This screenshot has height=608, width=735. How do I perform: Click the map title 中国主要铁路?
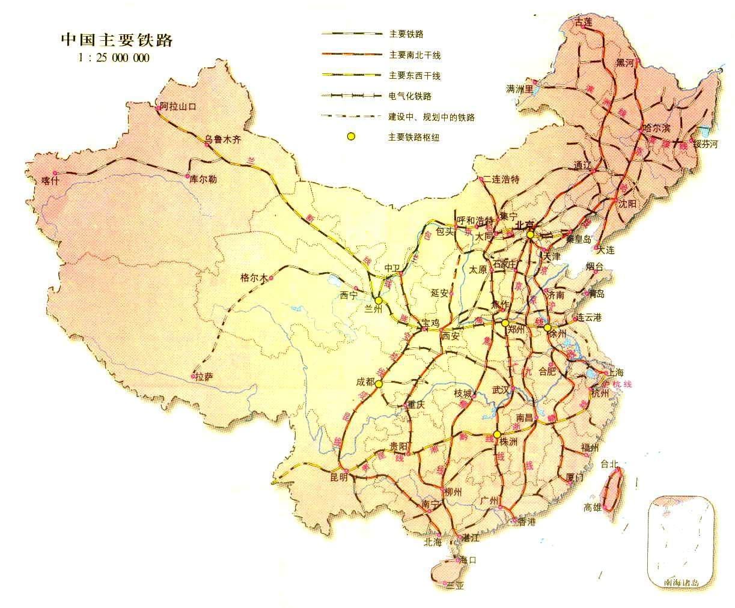tap(117, 40)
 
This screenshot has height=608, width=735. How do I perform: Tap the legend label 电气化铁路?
tap(410, 96)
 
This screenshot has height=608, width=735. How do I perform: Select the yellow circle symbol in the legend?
tap(350, 138)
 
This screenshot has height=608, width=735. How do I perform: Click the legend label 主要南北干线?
tap(415, 55)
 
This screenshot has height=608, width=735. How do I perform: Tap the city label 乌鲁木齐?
tap(222, 139)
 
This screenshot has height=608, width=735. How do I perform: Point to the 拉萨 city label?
tap(204, 377)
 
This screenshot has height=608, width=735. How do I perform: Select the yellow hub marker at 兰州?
tap(379, 300)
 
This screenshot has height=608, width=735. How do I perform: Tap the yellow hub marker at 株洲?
tap(497, 434)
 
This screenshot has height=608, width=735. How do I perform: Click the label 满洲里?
tap(520, 89)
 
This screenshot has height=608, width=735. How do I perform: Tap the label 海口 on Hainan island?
tap(468, 561)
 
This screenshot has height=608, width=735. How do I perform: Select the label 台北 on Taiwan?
tap(609, 463)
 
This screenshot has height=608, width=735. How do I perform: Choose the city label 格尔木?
tap(252, 278)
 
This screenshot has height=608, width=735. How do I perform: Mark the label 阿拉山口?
tap(179, 106)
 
